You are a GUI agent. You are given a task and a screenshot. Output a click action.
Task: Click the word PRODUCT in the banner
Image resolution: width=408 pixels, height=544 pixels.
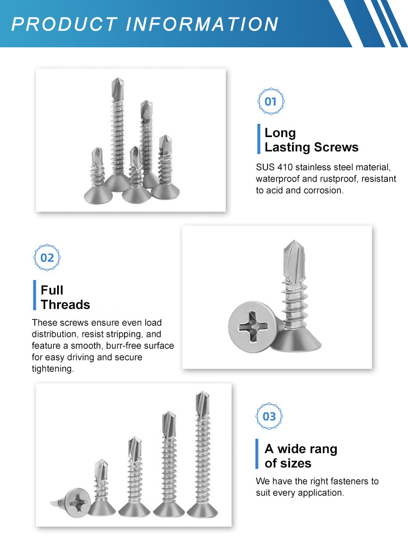tap(64, 24)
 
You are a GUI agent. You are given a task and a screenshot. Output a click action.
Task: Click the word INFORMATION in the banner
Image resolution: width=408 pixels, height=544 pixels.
tap(202, 24)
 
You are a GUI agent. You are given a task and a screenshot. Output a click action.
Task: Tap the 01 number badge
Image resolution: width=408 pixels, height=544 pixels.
tap(271, 101)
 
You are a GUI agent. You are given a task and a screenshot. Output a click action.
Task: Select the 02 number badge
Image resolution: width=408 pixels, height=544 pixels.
tap(47, 257)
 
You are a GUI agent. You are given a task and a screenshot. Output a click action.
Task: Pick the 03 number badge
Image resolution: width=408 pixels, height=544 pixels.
tap(269, 416)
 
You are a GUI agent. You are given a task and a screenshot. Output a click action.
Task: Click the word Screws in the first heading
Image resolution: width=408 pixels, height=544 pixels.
tap(336, 147)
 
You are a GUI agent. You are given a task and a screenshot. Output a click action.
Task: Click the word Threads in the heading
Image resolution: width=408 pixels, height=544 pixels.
tap(66, 305)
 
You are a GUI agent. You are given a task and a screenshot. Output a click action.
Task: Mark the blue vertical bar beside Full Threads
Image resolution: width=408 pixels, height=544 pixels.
tap(35, 295)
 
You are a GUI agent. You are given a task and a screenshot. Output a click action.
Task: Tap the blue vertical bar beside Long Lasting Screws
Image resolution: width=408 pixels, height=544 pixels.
tap(259, 139)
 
